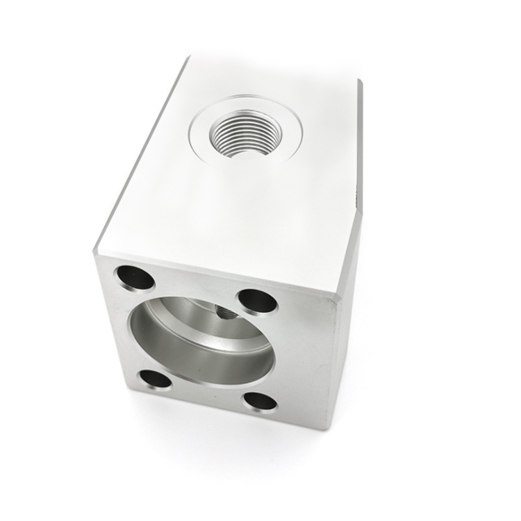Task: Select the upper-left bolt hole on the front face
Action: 135,278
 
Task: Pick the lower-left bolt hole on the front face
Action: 154,379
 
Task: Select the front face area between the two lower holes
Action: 208,396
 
